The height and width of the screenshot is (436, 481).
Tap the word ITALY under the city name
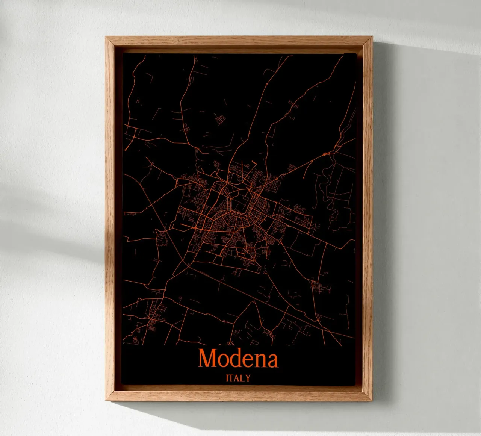[x=238, y=378]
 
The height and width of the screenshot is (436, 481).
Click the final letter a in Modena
[x=271, y=360]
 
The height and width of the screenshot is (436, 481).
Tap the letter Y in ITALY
[x=247, y=378]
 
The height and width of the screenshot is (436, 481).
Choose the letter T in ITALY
[x=232, y=378]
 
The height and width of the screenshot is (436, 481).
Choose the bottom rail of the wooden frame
[x=239, y=396]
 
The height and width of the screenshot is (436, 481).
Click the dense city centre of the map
[x=229, y=210]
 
